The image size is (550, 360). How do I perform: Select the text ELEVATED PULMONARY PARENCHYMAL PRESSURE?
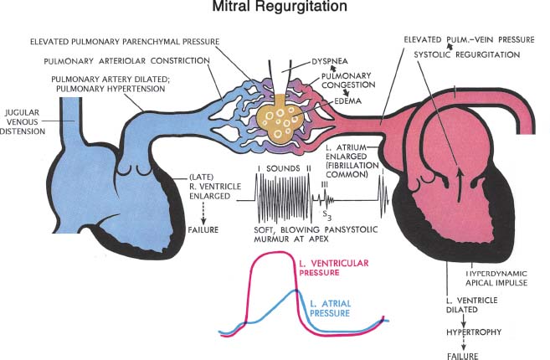coord(126,41)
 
